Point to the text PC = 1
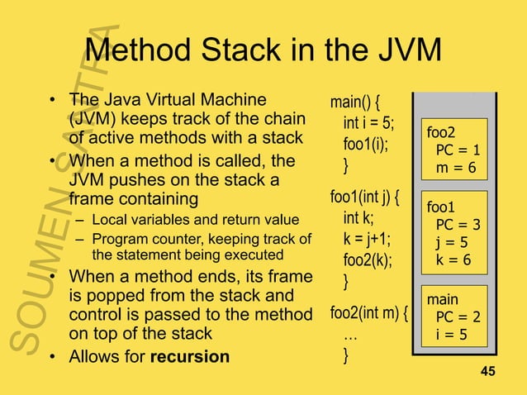click(458, 150)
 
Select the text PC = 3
click(458, 225)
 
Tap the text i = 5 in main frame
click(453, 335)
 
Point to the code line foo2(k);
click(368, 261)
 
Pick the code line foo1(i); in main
click(365, 145)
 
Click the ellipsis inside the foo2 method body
click(350, 335)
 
